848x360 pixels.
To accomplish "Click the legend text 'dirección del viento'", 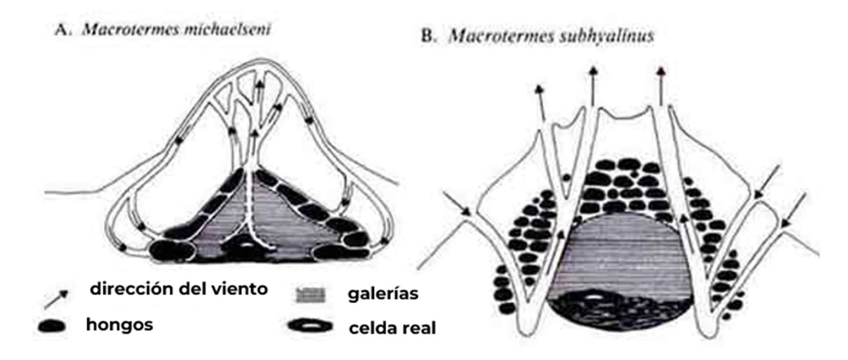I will [179, 289].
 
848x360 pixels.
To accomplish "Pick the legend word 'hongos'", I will [119, 324].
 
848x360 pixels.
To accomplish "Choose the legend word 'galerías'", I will [383, 293].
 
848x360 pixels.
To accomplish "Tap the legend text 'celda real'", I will [392, 328].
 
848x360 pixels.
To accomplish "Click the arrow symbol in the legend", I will [55, 299].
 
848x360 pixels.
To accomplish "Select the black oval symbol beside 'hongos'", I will [52, 326].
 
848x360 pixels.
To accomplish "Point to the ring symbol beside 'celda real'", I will [311, 326].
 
